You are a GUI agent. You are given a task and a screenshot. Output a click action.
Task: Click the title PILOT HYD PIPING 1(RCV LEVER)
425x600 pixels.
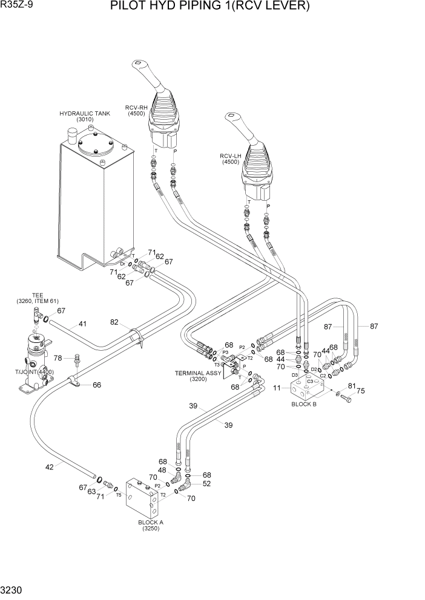coord(209,7)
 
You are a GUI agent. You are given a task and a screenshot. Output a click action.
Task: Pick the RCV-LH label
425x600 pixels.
coord(231,156)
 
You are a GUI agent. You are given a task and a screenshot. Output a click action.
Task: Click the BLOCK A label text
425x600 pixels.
coord(151,522)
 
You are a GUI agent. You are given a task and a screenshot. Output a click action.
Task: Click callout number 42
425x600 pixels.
coord(50,466)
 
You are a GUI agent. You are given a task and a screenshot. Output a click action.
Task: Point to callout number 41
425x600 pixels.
coord(82,324)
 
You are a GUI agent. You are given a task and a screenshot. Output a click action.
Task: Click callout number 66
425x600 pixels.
coord(97,385)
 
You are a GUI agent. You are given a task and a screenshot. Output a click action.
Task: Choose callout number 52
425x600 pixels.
coord(207,483)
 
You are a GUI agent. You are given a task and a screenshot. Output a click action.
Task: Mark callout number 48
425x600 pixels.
coord(162,471)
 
